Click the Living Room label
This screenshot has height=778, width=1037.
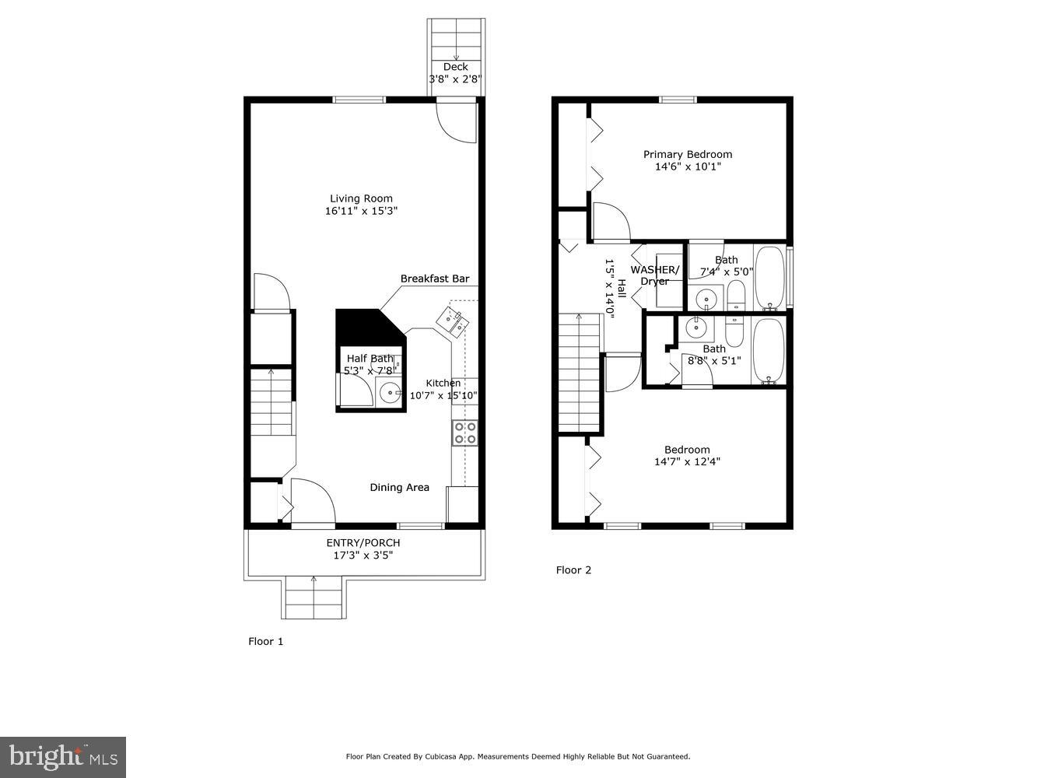[361, 198]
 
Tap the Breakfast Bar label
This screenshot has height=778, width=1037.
[434, 279]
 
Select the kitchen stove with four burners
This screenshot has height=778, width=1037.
[465, 433]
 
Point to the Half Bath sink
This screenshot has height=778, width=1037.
[388, 393]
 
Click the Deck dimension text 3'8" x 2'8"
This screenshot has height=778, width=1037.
[455, 79]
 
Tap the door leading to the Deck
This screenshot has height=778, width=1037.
[456, 121]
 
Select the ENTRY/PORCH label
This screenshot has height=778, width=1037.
[363, 542]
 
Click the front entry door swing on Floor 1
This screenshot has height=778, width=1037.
[312, 503]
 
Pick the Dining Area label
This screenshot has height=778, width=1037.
[399, 488]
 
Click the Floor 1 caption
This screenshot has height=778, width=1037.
[266, 641]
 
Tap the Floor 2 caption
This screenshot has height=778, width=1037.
[573, 569]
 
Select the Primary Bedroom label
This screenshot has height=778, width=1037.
[687, 154]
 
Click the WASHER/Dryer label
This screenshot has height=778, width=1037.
[654, 275]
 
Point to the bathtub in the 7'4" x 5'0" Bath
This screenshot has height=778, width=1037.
[770, 278]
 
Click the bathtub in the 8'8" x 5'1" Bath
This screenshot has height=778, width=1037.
[769, 352]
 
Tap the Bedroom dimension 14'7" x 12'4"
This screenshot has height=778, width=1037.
[687, 461]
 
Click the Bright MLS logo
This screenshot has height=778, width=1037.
[63, 756]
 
